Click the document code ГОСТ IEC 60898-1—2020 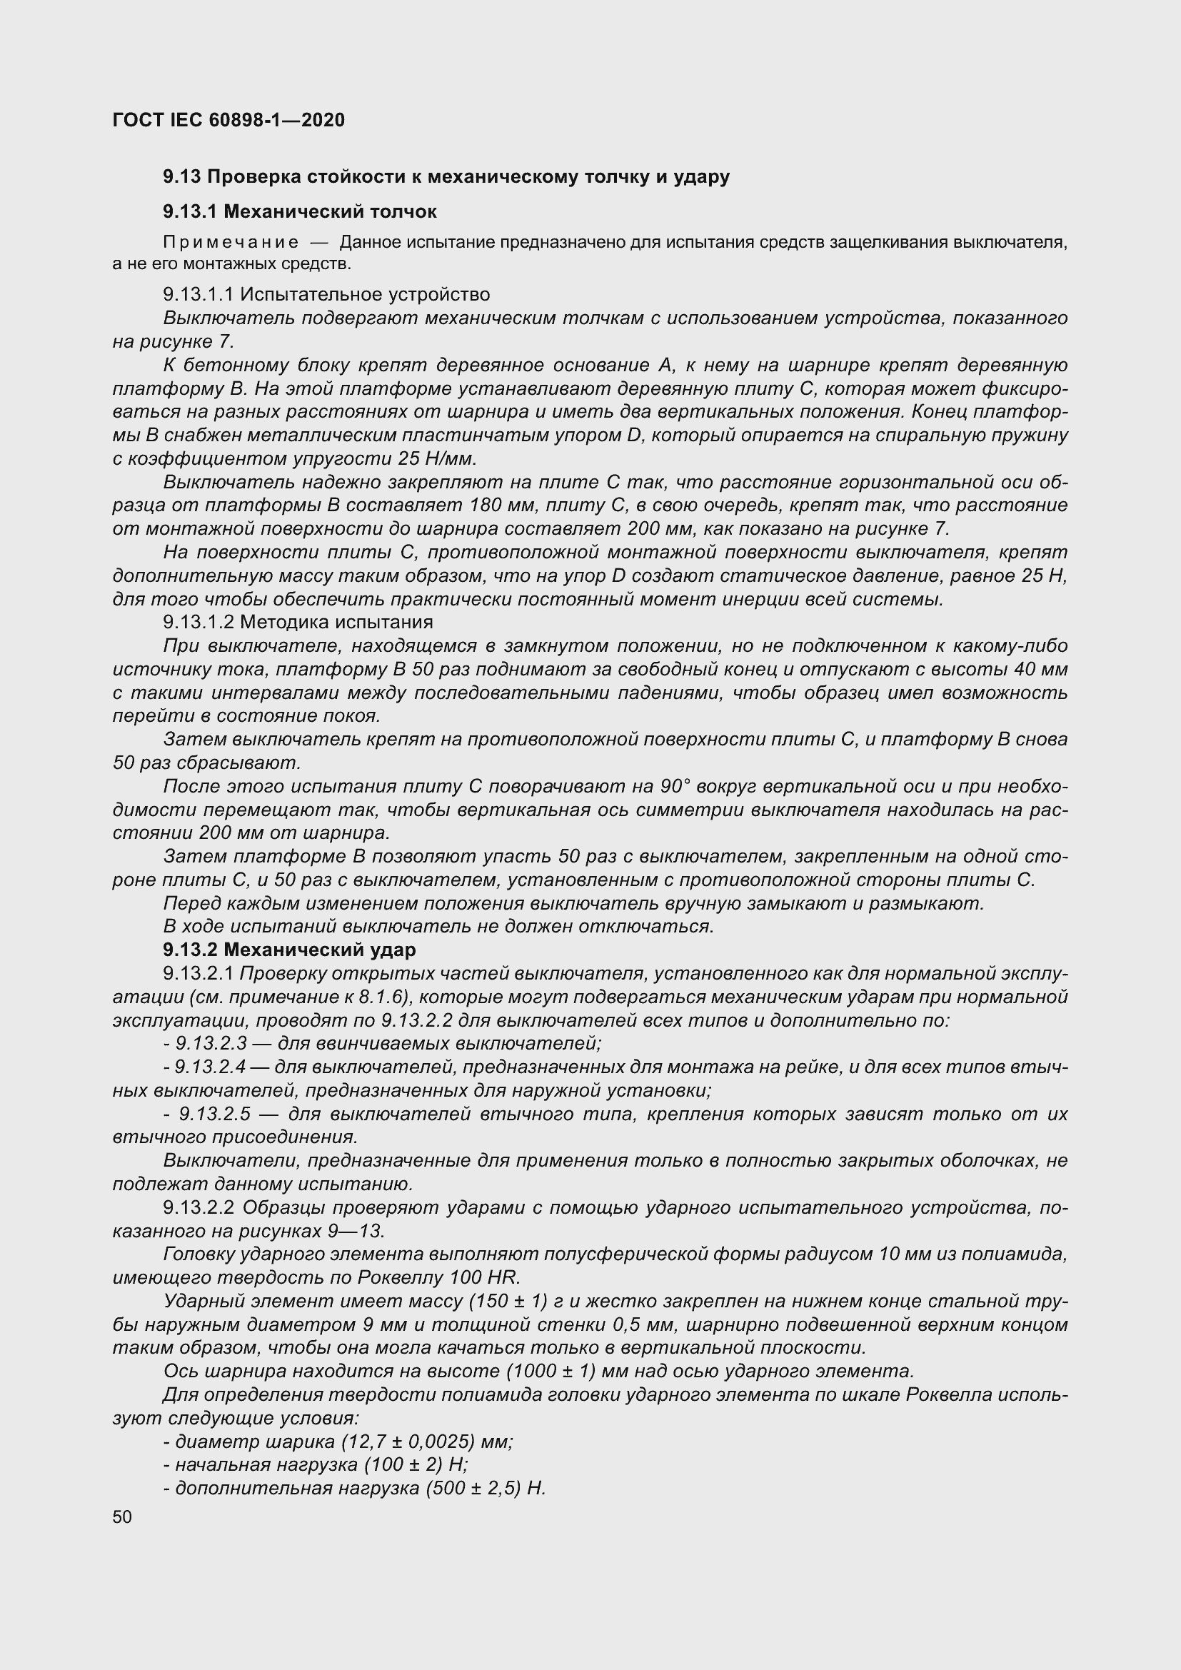(228, 120)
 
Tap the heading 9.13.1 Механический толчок (300, 211)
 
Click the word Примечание (231, 242)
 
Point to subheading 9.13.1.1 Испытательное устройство (326, 295)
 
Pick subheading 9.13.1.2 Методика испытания (298, 622)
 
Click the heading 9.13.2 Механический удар (289, 949)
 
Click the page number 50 (122, 1516)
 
